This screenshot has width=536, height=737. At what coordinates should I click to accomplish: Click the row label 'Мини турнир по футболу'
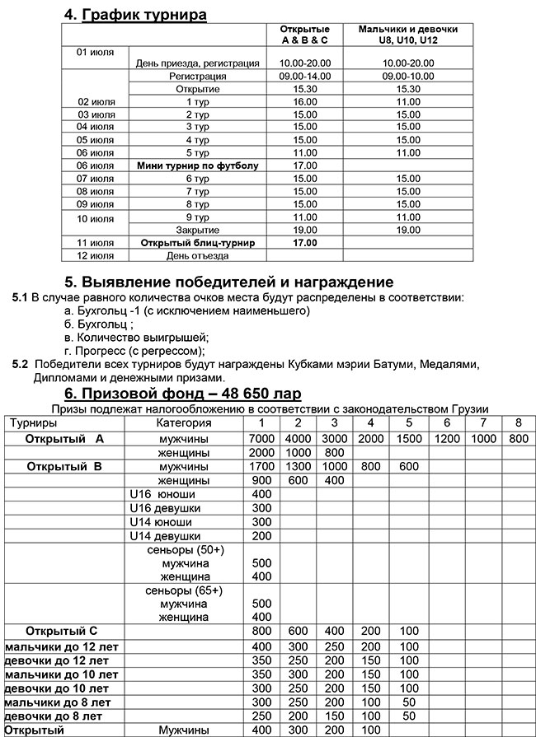pyautogui.click(x=198, y=166)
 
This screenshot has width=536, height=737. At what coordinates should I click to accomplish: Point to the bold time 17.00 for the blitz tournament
pyautogui.click(x=304, y=243)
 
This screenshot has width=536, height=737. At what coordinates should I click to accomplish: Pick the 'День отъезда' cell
pyautogui.click(x=198, y=255)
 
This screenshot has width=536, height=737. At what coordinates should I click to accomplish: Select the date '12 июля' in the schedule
pyautogui.click(x=95, y=255)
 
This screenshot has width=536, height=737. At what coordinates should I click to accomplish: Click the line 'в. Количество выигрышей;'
pyautogui.click(x=136, y=336)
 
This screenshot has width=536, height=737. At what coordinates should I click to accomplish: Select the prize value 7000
pyautogui.click(x=261, y=438)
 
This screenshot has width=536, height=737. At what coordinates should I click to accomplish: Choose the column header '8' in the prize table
pyautogui.click(x=517, y=423)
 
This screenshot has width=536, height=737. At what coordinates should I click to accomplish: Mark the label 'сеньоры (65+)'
pyautogui.click(x=183, y=590)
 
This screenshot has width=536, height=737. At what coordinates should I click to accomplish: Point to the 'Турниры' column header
pyautogui.click(x=32, y=423)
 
